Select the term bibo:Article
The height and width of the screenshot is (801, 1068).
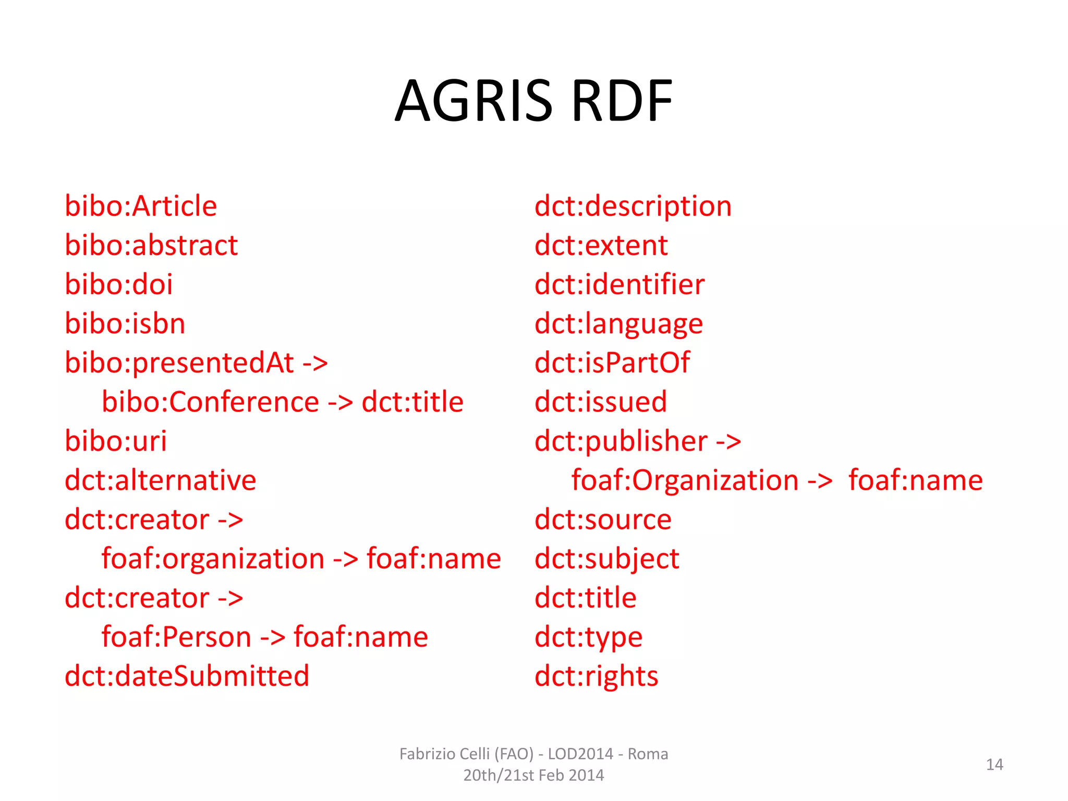(141, 206)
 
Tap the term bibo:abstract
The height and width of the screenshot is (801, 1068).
(151, 245)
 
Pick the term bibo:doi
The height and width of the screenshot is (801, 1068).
(118, 285)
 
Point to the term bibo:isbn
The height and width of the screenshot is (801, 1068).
(125, 324)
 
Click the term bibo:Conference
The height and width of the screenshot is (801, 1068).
(210, 402)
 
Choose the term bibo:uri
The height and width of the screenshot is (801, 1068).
(116, 441)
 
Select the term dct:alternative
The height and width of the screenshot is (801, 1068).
(161, 480)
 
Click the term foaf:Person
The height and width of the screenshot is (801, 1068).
(176, 637)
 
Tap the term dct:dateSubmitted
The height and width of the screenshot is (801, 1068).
(187, 676)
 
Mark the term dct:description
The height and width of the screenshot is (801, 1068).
(633, 206)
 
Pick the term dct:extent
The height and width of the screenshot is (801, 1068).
(601, 245)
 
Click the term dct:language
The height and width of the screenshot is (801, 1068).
(618, 324)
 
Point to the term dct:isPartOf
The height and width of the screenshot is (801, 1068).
(612, 363)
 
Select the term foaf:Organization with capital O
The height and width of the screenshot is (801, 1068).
(685, 480)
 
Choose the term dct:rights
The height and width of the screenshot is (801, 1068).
(596, 676)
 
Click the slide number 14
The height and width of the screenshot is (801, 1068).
(994, 764)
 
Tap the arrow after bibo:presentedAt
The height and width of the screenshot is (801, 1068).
(315, 363)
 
